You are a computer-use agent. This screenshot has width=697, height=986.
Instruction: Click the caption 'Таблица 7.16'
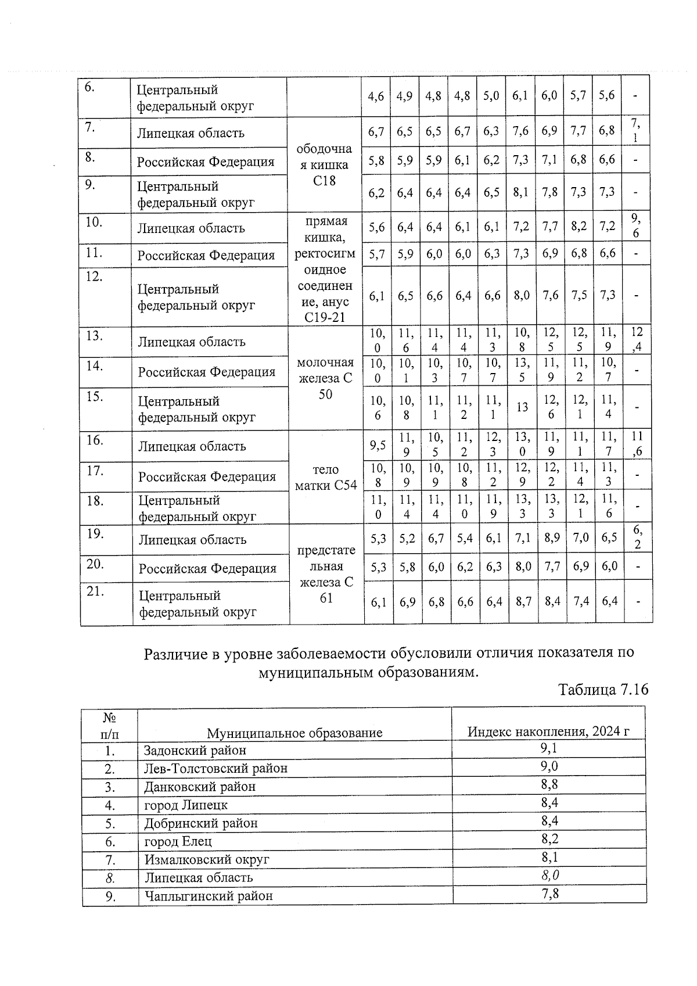pyautogui.click(x=602, y=690)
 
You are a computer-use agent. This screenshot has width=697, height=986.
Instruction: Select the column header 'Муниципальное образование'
pyautogui.click(x=294, y=732)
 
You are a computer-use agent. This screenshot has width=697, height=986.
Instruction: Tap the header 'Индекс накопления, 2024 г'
pyautogui.click(x=548, y=731)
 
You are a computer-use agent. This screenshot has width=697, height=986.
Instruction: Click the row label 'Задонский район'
pyautogui.click(x=195, y=750)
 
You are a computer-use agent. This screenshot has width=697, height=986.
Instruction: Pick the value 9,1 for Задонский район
pyautogui.click(x=549, y=748)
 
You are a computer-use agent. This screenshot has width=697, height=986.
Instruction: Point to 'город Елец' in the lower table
pyautogui.click(x=178, y=841)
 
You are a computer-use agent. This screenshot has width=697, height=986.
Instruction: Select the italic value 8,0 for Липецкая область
pyautogui.click(x=549, y=875)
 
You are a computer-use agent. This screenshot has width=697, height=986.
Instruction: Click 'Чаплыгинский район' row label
pyautogui.click(x=209, y=895)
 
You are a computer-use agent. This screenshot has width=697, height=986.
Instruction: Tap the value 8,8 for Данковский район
pyautogui.click(x=549, y=784)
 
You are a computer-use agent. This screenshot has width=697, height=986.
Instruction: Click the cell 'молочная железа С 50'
pyautogui.click(x=325, y=378)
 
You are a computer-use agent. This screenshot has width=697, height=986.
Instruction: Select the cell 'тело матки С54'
pyautogui.click(x=326, y=477)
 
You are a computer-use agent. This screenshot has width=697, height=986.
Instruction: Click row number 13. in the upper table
pyautogui.click(x=94, y=336)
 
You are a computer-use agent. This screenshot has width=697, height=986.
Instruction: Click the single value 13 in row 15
pyautogui.click(x=522, y=407)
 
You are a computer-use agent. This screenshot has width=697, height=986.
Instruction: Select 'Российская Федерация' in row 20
pyautogui.click(x=207, y=568)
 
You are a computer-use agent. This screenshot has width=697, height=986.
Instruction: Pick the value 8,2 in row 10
pyautogui.click(x=579, y=227)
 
